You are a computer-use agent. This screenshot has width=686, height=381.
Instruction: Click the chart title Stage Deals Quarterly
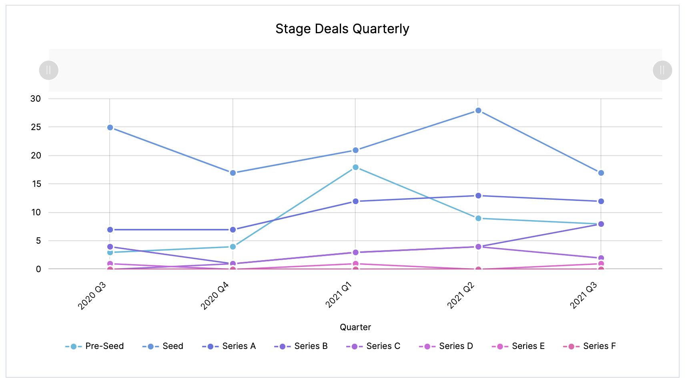click(342, 29)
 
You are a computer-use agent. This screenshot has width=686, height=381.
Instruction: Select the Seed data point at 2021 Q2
click(478, 110)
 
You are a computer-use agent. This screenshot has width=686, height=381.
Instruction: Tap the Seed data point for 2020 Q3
click(110, 128)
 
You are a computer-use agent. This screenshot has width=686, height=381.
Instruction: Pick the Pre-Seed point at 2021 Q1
click(355, 167)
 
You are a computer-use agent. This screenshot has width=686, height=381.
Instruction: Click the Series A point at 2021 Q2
click(478, 196)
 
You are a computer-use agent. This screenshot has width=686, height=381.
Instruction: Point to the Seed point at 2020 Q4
click(233, 173)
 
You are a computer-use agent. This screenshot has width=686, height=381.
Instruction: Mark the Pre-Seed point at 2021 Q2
click(478, 219)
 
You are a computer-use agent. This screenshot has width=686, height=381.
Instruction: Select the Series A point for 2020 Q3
click(110, 230)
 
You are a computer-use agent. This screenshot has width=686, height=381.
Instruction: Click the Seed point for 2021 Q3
click(601, 173)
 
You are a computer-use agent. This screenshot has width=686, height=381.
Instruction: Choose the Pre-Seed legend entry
click(94, 346)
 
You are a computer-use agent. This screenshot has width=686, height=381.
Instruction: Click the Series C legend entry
click(373, 346)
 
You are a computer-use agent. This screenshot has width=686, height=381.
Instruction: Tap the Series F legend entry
click(589, 346)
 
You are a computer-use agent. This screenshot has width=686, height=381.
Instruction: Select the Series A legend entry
click(229, 346)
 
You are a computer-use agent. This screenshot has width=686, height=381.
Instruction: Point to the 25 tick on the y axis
click(36, 127)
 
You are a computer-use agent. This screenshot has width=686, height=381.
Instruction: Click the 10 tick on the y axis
click(36, 213)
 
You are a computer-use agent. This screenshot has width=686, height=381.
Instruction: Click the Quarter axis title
click(355, 327)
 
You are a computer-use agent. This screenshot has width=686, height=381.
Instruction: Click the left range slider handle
click(49, 70)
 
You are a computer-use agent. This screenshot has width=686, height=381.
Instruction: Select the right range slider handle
click(662, 70)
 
